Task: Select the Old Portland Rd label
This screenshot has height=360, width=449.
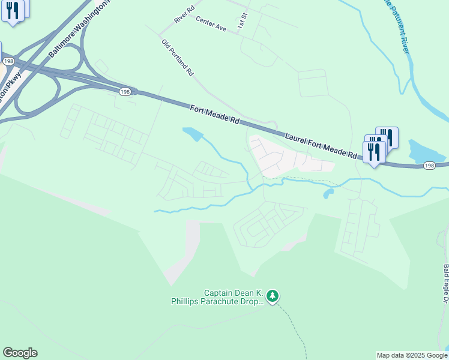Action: click(x=178, y=58)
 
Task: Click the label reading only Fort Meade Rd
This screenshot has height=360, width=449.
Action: click(x=215, y=114)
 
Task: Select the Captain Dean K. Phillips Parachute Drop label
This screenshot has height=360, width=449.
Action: click(x=233, y=297)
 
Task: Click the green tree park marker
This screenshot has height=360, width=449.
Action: click(x=273, y=296)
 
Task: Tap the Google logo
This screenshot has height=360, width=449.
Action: click(x=20, y=353)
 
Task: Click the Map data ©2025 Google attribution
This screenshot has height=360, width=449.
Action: click(x=412, y=355)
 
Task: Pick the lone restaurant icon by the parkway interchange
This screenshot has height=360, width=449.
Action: click(x=13, y=10)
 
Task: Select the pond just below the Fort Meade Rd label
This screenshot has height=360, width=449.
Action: click(x=193, y=134)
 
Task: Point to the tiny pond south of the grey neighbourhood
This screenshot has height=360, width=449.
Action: click(x=328, y=194)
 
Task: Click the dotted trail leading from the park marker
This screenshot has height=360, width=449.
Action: click(x=297, y=329)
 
